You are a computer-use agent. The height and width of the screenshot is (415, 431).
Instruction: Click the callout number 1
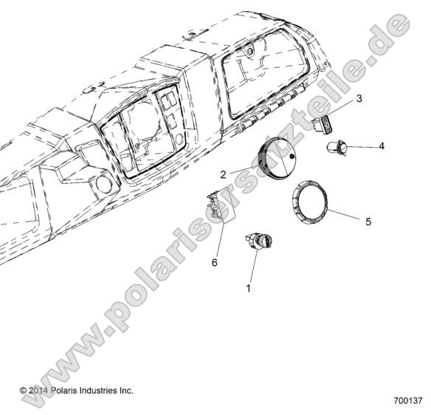tap(249, 289)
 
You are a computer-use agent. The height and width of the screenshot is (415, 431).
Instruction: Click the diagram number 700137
tap(408, 402)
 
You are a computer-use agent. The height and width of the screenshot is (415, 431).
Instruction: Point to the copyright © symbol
tap(23, 390)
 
